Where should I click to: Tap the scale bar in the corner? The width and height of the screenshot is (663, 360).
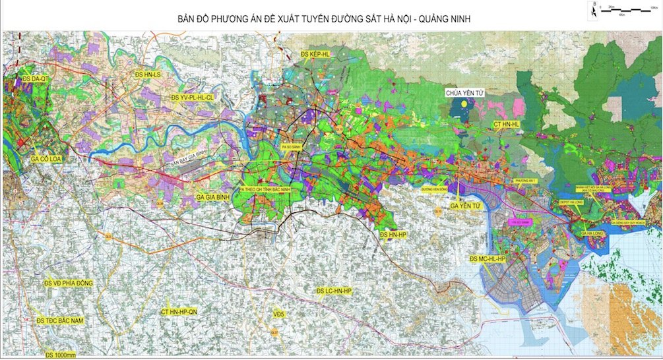tap(623, 10)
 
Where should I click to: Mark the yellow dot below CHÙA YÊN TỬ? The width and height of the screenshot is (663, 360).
tap(464, 104)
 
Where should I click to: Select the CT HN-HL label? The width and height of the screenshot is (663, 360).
tap(506, 123)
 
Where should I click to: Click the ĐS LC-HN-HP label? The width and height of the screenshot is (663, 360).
tap(334, 290)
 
